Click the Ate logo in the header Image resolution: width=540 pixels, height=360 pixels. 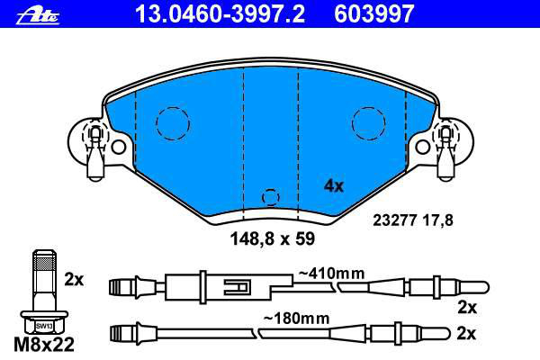tap(38, 15)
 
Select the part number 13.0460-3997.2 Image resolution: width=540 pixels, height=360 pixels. tap(220, 13)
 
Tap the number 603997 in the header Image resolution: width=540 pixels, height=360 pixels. tap(374, 13)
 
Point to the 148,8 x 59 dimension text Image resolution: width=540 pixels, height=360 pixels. tap(272, 238)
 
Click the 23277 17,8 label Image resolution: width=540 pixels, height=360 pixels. tap(413, 220)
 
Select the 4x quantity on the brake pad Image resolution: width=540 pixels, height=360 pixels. tap(334, 186)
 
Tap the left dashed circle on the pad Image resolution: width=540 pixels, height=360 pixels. tap(173, 123)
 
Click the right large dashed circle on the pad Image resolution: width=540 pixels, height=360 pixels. tap(368, 123)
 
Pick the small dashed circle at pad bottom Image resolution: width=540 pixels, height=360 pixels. tap(271, 198)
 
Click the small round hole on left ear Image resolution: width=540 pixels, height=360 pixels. tap(119, 147)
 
